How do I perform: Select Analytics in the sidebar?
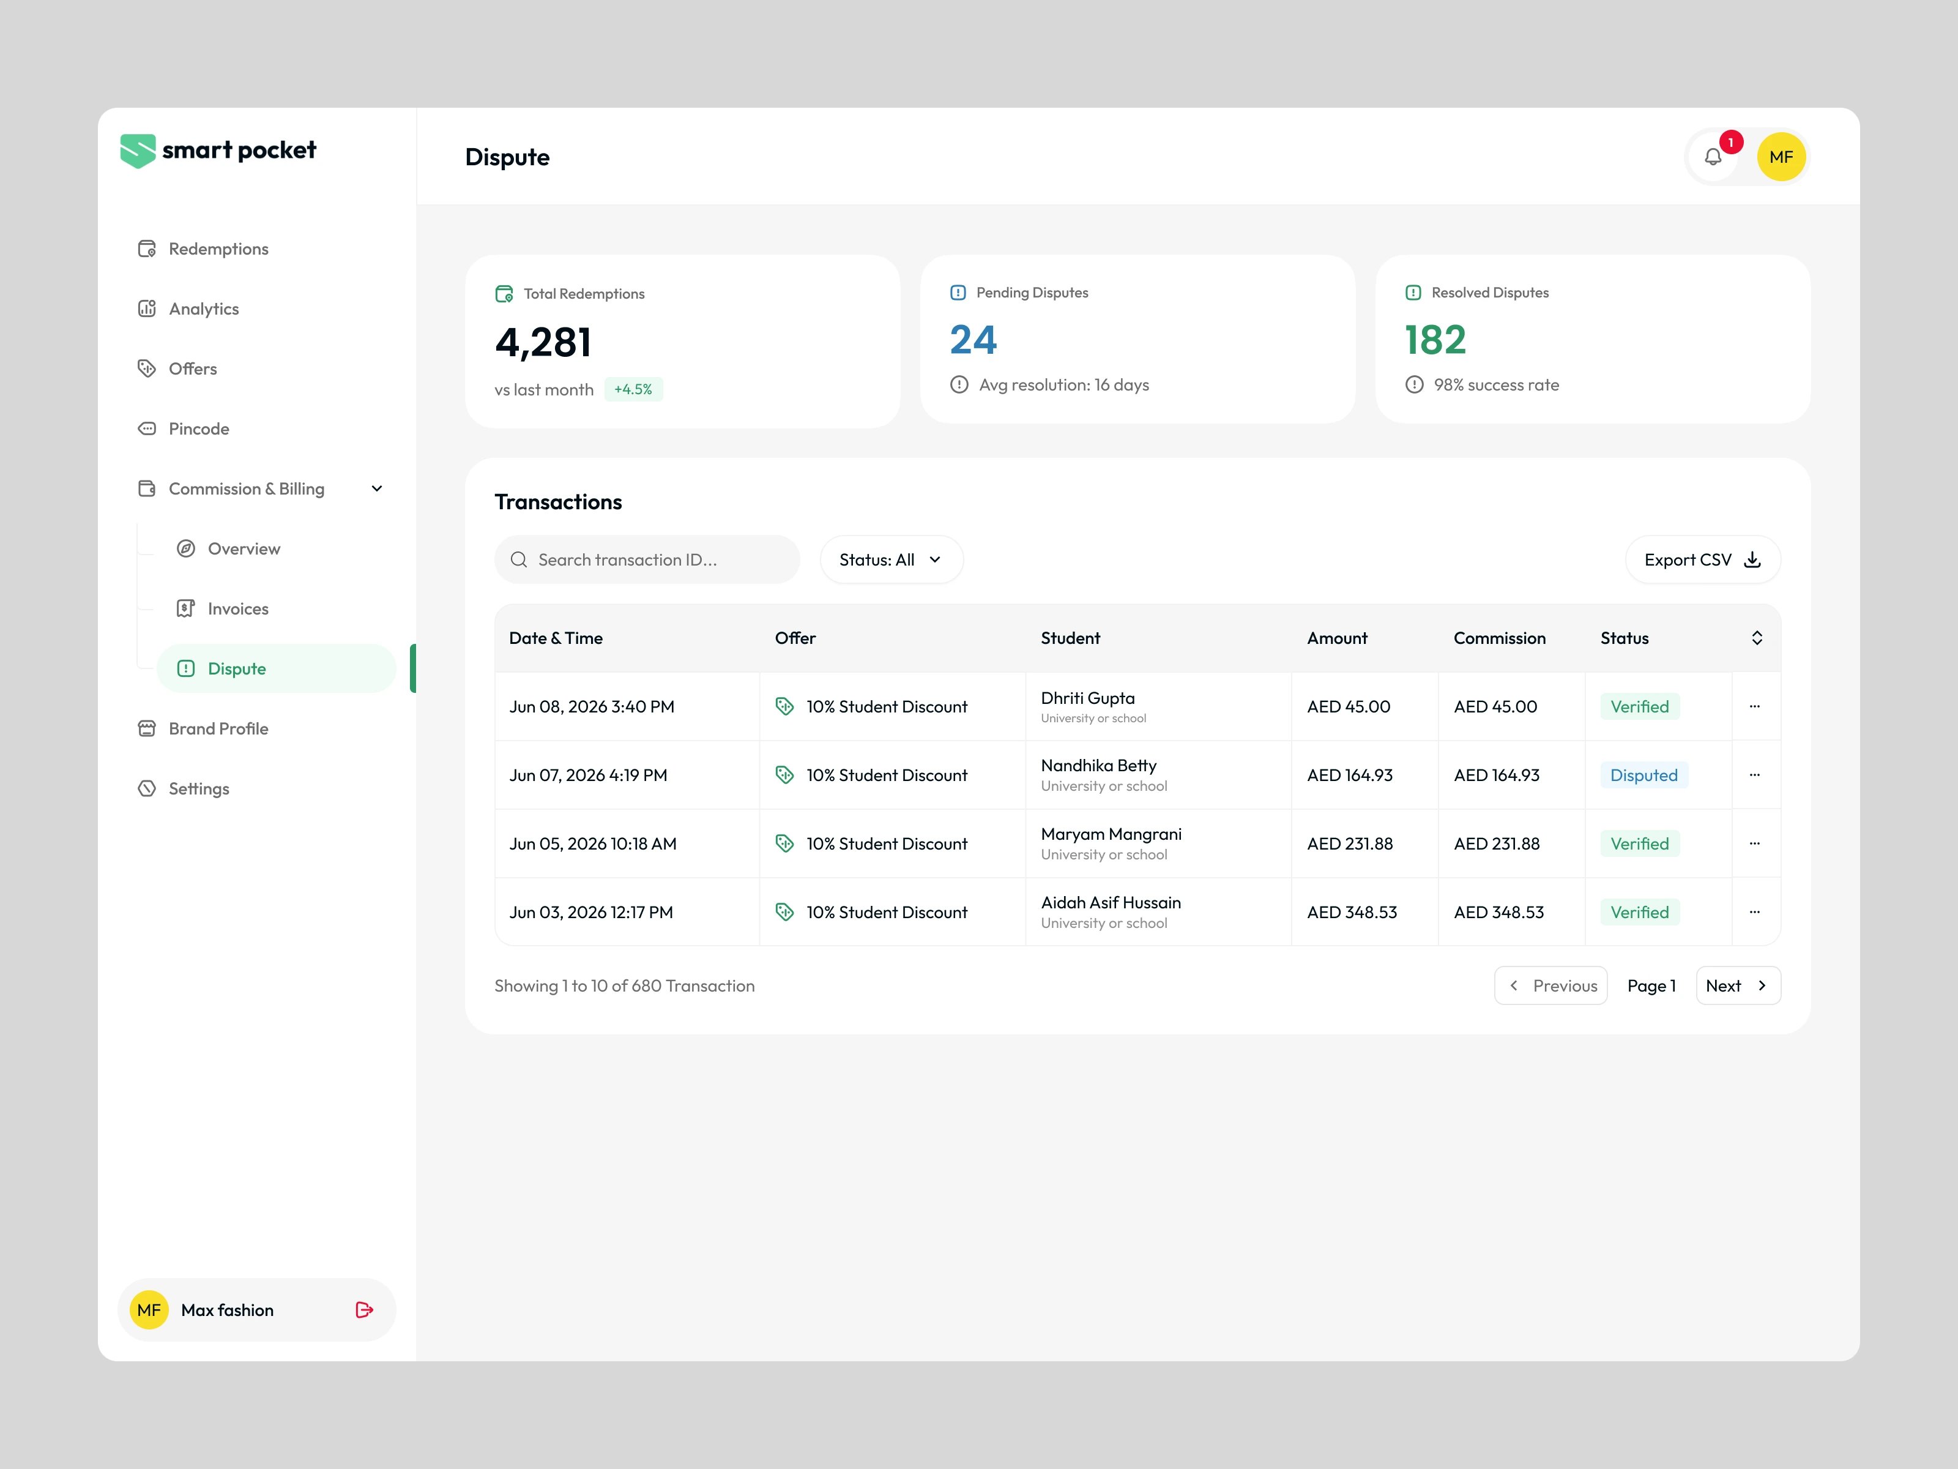click(x=188, y=309)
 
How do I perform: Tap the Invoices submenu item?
click(x=223, y=608)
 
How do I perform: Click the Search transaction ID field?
click(x=647, y=559)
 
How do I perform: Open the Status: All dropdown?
click(x=892, y=559)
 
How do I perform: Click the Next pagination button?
click(x=1738, y=985)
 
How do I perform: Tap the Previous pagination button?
click(x=1551, y=985)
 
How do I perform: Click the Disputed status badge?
click(x=1643, y=775)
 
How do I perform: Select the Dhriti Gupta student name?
click(x=1088, y=698)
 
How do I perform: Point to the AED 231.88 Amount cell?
click(x=1350, y=844)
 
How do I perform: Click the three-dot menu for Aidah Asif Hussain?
click(x=1754, y=912)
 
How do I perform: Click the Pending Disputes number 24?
click(x=973, y=340)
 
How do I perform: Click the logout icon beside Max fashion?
click(x=364, y=1310)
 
